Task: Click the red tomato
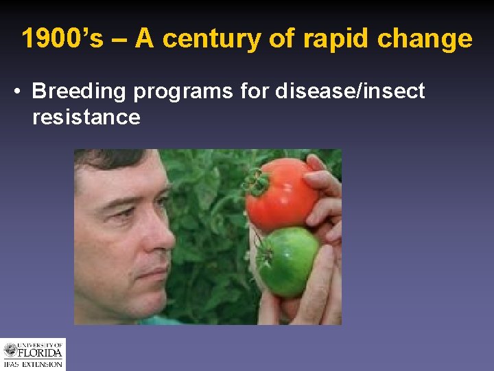pyautogui.click(x=283, y=193)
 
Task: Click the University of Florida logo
pyautogui.click(x=33, y=355)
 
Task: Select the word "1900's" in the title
pyautogui.click(x=62, y=39)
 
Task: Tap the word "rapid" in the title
pyautogui.click(x=326, y=39)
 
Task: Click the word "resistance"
pyautogui.click(x=86, y=117)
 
